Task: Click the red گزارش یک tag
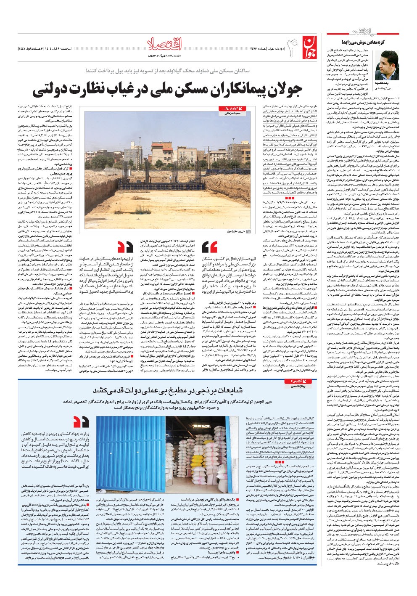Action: click(x=229, y=109)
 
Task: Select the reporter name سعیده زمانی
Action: click(x=229, y=113)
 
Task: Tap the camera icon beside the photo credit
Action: click(x=248, y=231)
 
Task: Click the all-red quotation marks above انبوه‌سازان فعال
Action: click(x=209, y=247)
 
